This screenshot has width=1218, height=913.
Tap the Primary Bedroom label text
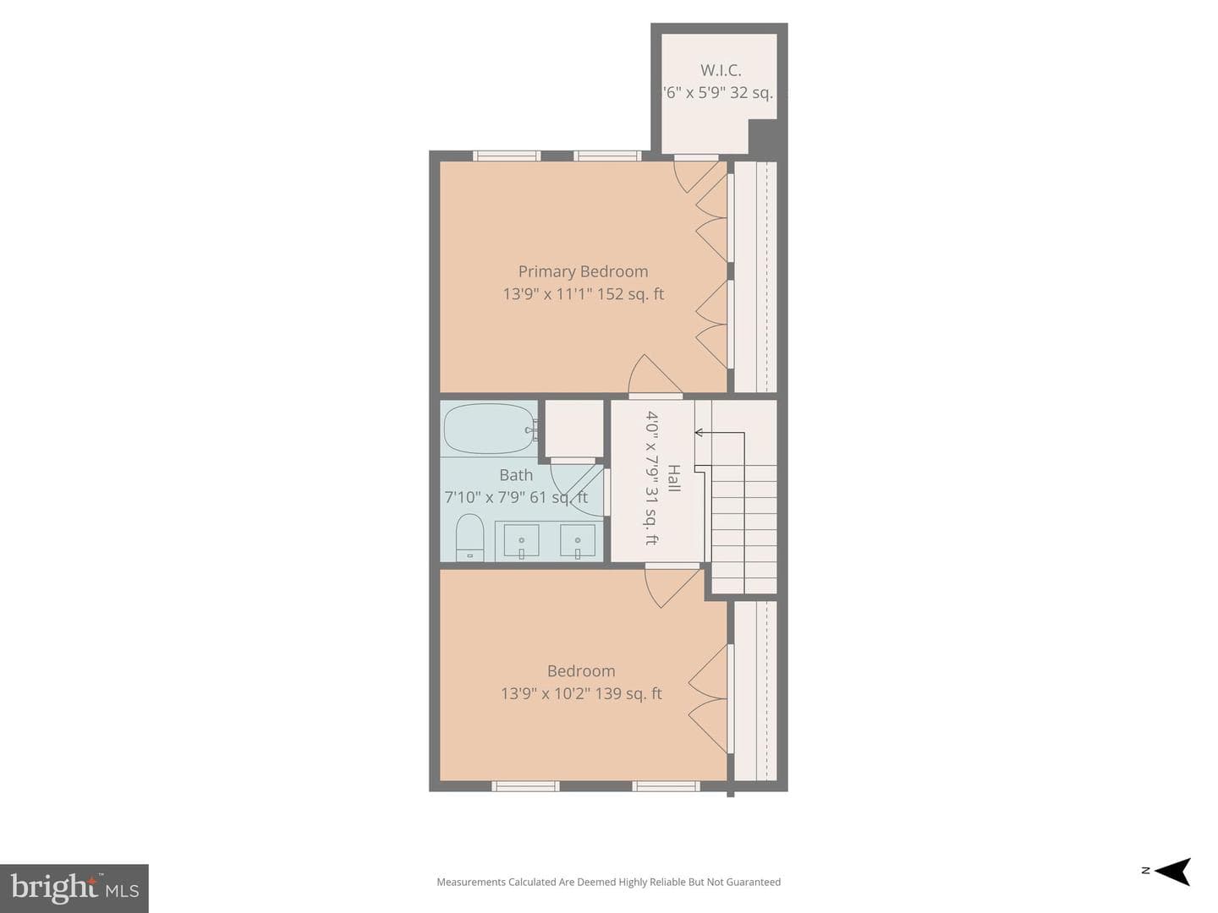(583, 271)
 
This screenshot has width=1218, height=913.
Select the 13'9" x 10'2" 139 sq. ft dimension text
(581, 693)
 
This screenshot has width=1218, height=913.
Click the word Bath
(516, 475)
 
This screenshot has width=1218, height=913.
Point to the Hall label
(673, 478)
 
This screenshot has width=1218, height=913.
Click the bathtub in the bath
(489, 429)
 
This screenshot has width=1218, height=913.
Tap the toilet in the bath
(469, 537)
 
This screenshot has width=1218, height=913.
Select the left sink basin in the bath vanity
(521, 540)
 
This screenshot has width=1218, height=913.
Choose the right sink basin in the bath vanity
(578, 540)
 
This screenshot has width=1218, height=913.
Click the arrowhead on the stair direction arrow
(699, 432)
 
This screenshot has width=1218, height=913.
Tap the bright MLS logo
(74, 888)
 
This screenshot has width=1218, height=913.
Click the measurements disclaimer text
(608, 882)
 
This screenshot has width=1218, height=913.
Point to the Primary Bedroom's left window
(507, 156)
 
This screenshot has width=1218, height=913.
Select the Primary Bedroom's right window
(607, 156)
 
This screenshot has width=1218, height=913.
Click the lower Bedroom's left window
(525, 785)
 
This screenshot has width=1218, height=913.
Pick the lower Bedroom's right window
(666, 785)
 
